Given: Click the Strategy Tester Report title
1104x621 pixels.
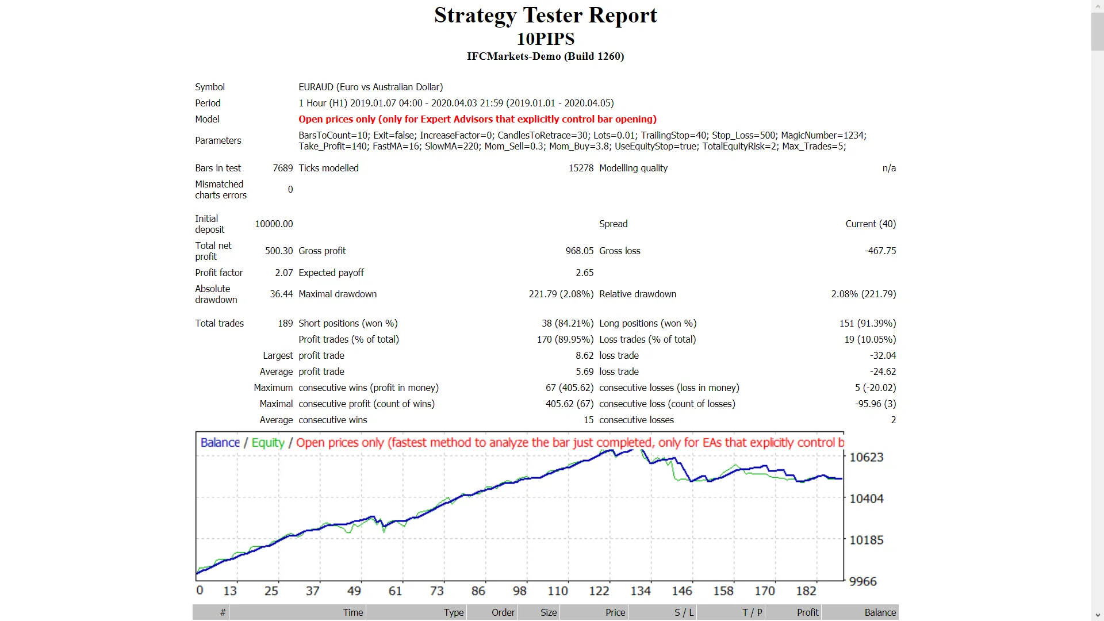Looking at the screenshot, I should [x=545, y=16].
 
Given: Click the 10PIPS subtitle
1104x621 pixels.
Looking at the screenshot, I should [x=545, y=39].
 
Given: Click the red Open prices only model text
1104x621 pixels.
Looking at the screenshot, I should [x=477, y=119].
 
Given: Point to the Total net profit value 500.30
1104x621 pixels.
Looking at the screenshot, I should [x=278, y=251].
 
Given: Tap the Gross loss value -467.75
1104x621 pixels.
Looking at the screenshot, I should [x=880, y=251].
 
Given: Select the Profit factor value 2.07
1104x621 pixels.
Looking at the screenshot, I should [x=283, y=273].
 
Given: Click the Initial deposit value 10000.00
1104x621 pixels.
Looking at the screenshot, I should [x=274, y=224].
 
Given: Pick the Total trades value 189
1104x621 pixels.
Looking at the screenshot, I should [x=285, y=323].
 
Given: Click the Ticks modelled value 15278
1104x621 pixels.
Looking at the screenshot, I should [x=580, y=168].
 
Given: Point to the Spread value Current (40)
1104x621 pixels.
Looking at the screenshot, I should [x=870, y=224].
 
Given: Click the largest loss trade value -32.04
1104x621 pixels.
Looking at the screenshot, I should [x=883, y=355].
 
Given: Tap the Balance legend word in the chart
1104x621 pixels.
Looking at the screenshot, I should [x=220, y=443].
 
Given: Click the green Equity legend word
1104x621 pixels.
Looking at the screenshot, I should [x=268, y=443].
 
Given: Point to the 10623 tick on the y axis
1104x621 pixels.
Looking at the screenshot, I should [x=866, y=458].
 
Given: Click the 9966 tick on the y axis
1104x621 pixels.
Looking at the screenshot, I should [x=862, y=582].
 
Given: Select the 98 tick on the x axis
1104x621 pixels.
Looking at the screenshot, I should [x=519, y=591].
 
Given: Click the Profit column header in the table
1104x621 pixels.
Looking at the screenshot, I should [x=807, y=612].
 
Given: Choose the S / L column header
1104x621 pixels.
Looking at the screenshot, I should [x=684, y=612].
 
